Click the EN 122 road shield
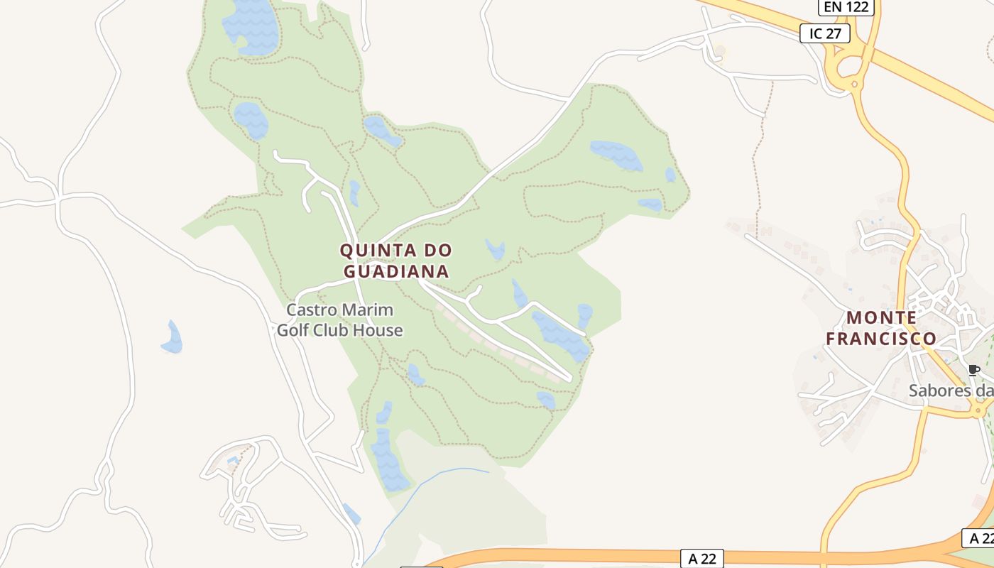pyautogui.click(x=846, y=7)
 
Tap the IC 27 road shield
pyautogui.click(x=824, y=33)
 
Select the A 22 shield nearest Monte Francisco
pyautogui.click(x=978, y=537)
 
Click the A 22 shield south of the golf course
pyautogui.click(x=702, y=558)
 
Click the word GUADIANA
pyautogui.click(x=396, y=271)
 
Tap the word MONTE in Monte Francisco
pyautogui.click(x=880, y=317)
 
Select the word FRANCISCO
pyautogui.click(x=880, y=339)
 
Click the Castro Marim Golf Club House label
pyautogui.click(x=339, y=320)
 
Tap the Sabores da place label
pyautogui.click(x=951, y=390)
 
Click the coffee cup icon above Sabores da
pyautogui.click(x=973, y=370)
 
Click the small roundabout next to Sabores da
pyautogui.click(x=981, y=410)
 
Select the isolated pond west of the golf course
pyautogui.click(x=173, y=338)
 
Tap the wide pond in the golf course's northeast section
pyautogui.click(x=616, y=155)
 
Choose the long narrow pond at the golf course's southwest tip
pyautogui.click(x=387, y=458)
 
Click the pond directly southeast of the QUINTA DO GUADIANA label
pyautogui.click(x=495, y=249)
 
